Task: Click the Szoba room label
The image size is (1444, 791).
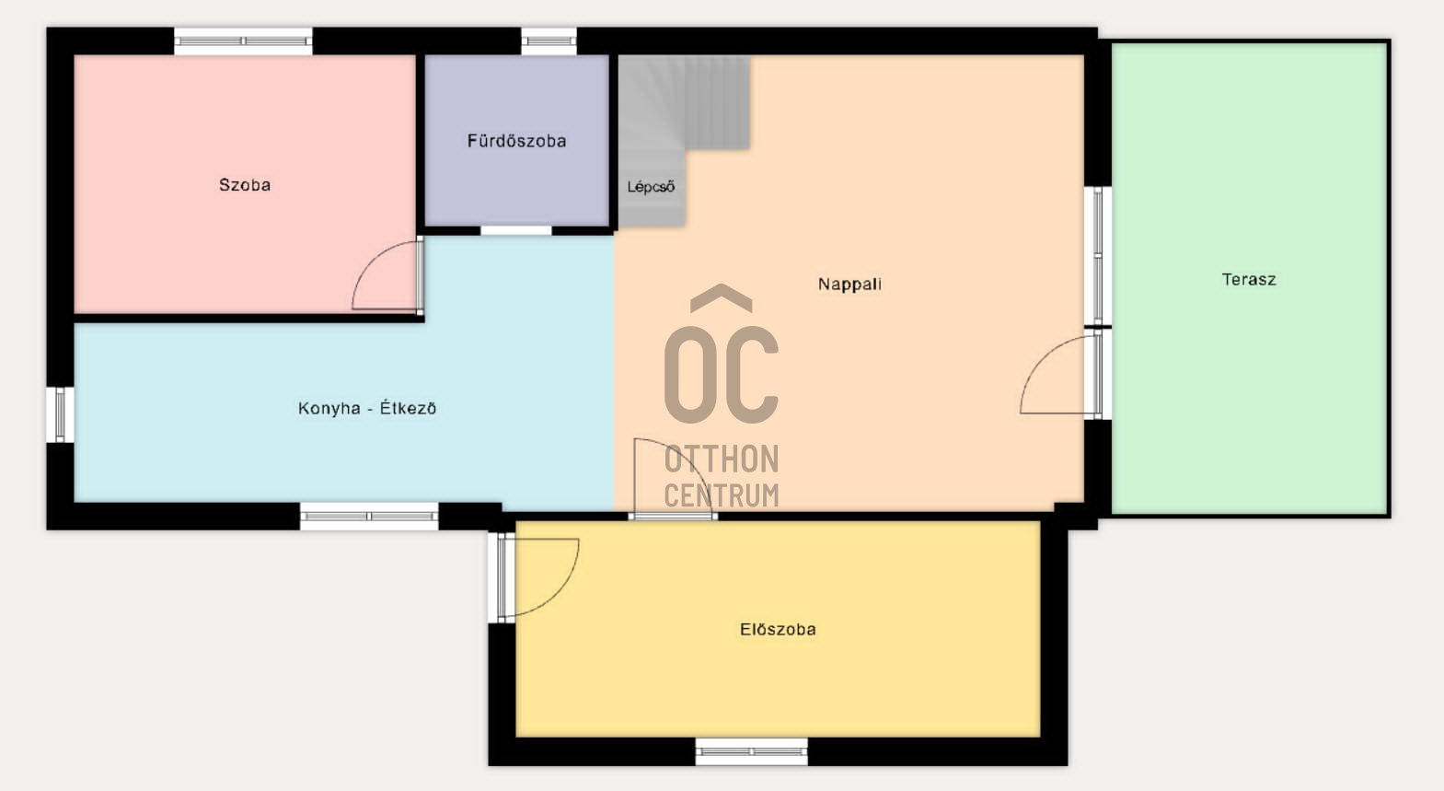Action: click(244, 185)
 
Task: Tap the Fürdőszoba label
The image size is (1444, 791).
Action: click(516, 141)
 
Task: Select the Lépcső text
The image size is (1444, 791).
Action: click(651, 186)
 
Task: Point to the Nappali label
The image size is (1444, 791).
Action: click(849, 284)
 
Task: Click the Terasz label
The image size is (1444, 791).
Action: click(1249, 279)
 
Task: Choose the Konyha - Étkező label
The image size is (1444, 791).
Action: click(367, 408)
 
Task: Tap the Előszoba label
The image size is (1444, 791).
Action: click(778, 629)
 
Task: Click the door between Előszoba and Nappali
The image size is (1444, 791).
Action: click(674, 478)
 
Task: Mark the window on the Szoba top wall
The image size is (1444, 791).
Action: click(243, 41)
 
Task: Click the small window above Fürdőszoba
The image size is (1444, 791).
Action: click(549, 41)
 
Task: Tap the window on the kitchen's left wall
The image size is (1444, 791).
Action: click(60, 415)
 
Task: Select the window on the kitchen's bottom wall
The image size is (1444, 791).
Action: click(369, 517)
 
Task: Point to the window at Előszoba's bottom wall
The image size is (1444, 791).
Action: click(752, 751)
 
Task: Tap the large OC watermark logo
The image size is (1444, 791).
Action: click(722, 354)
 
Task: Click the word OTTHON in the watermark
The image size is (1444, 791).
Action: click(722, 459)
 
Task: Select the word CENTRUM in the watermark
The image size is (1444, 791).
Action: click(722, 495)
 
